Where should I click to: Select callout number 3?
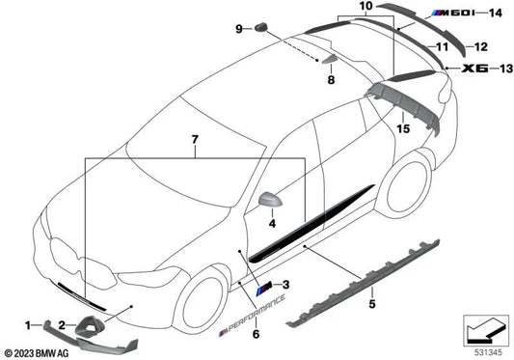(285, 286)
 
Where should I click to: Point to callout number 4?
(245, 225)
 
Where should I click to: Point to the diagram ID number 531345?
(486, 353)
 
